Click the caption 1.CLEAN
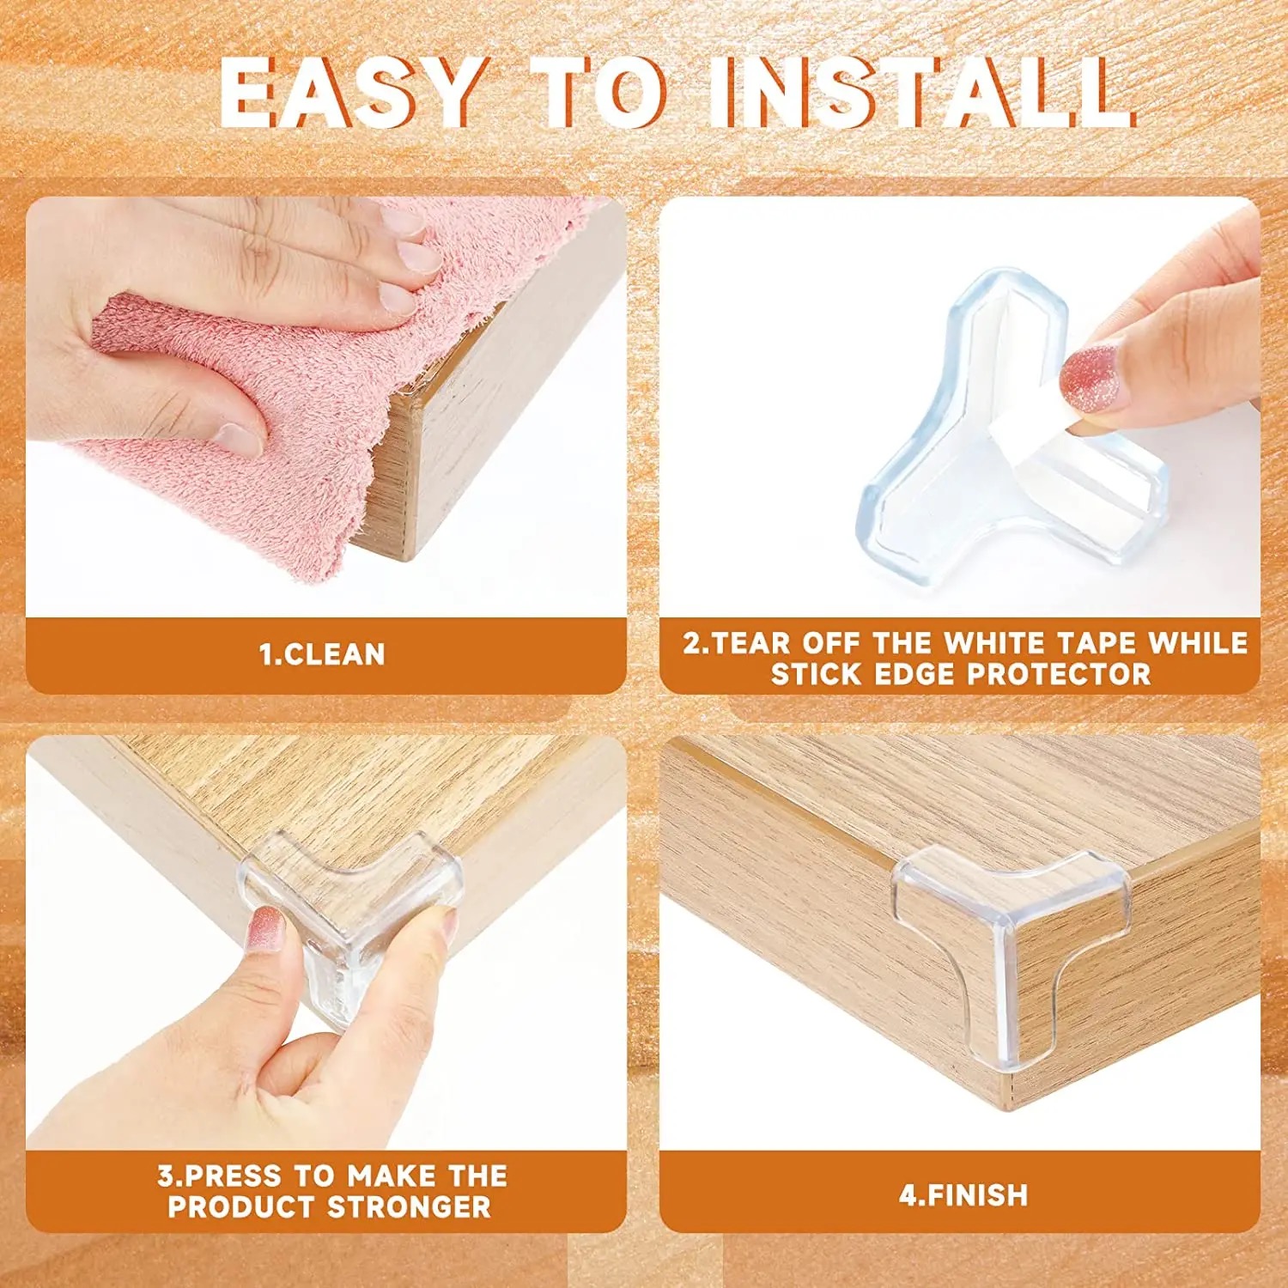pos(322,654)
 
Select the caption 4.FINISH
pos(963,1195)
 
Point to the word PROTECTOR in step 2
pos(1059,674)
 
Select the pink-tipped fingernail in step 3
pos(264,931)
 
